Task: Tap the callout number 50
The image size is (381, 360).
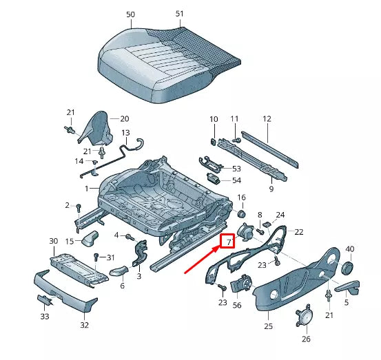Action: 131,14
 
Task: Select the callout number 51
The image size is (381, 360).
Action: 180,14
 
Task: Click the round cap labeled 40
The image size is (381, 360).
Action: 348,266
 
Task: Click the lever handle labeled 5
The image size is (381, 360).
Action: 348,286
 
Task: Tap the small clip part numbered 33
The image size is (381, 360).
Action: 45,299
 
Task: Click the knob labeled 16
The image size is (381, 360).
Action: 241,210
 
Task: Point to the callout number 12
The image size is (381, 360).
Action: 267,118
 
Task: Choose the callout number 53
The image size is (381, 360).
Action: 236,168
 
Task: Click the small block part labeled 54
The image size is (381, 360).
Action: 216,180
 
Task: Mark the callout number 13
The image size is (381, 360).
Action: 125,132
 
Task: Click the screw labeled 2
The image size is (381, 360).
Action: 79,207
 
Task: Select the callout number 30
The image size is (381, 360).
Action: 53,241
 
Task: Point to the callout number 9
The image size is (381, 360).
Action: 271,188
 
